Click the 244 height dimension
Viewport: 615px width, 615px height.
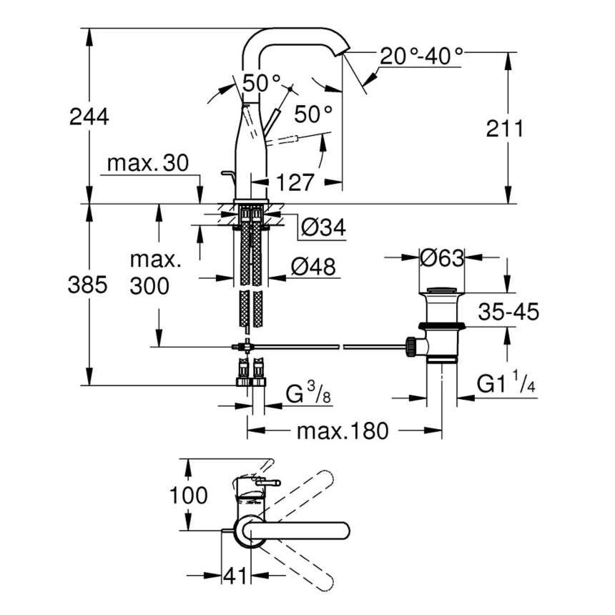[89, 117]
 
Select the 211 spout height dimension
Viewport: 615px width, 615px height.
[505, 129]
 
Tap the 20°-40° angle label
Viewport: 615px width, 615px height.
[421, 56]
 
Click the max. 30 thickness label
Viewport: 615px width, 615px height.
[147, 164]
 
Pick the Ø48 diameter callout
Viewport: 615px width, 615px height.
[313, 267]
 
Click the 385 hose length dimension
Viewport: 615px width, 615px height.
[87, 285]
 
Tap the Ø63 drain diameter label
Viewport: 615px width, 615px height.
[441, 257]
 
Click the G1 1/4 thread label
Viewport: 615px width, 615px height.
[507, 385]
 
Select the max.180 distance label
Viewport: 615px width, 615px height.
[343, 431]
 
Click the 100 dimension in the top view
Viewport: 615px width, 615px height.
[190, 495]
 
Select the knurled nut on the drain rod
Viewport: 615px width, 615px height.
[411, 346]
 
